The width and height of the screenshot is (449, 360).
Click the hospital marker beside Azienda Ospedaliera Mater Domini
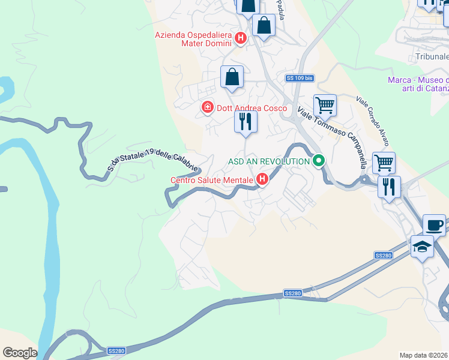pos(240,39)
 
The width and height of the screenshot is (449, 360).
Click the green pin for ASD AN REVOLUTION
pos(319,161)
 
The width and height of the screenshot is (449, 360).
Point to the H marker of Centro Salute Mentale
pos(262,179)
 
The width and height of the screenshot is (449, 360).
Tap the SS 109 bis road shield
pos(300,78)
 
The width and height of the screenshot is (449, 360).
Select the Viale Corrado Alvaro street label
pos(373,121)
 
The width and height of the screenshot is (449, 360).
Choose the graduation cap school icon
pos(422,247)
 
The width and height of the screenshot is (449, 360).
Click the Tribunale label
pos(432,57)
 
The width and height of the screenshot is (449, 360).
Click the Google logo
pos(19,353)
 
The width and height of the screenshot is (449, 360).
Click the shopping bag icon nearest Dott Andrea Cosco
pos(232,77)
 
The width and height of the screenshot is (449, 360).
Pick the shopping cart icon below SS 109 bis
pos(325,105)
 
